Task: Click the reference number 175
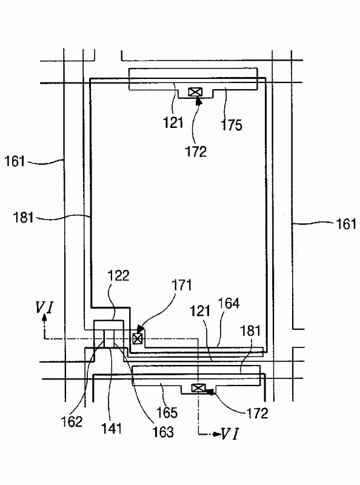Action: (x=232, y=125)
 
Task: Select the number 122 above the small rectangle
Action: (x=118, y=275)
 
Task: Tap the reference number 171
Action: (x=182, y=285)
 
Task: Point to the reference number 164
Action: (x=229, y=303)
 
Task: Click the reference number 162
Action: (x=72, y=421)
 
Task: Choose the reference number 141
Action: (x=112, y=429)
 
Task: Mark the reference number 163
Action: (x=163, y=432)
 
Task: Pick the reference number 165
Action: (x=167, y=412)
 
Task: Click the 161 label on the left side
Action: (x=15, y=161)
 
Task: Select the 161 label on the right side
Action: (x=346, y=224)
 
